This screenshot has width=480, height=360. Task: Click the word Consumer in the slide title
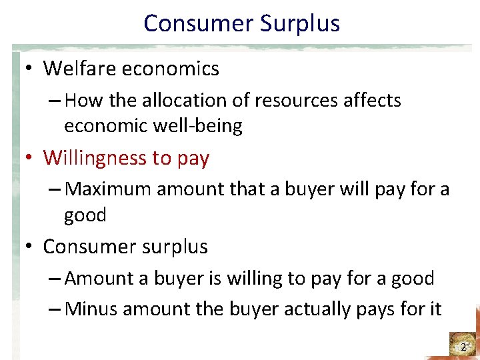pyautogui.click(x=197, y=24)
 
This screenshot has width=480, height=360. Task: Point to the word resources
pyautogui.click(x=283, y=101)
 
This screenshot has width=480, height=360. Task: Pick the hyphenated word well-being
pyautogui.click(x=197, y=126)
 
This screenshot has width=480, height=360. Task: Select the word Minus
pyautogui.click(x=92, y=309)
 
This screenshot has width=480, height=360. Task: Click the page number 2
pyautogui.click(x=463, y=347)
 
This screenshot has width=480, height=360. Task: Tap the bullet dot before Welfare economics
pyautogui.click(x=30, y=69)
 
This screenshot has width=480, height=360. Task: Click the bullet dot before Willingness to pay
pyautogui.click(x=30, y=158)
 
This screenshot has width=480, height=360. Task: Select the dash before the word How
pyautogui.click(x=55, y=101)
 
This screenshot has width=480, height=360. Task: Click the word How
pyautogui.click(x=81, y=101)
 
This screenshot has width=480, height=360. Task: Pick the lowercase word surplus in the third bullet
pyautogui.click(x=175, y=247)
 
